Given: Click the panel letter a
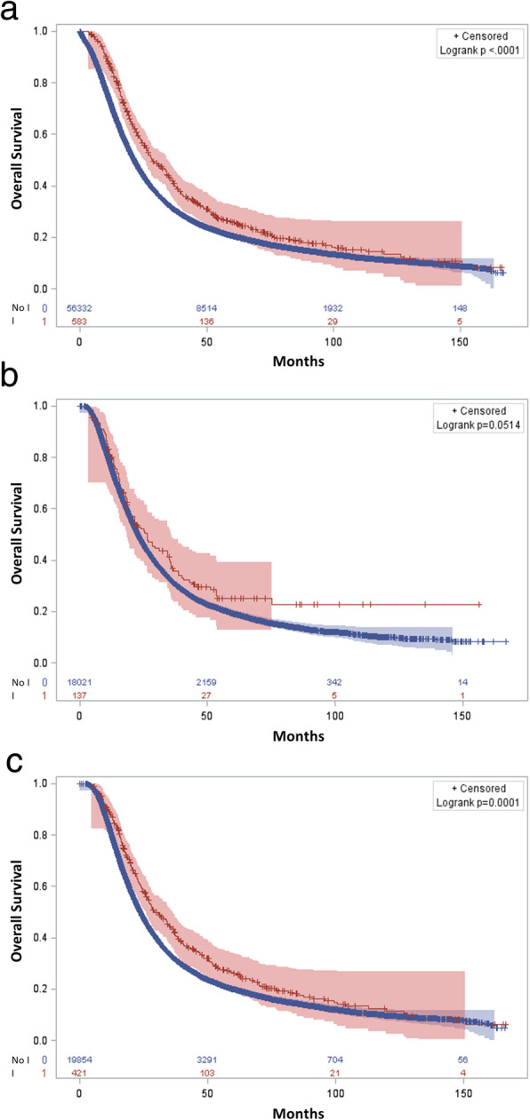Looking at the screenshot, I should pyautogui.click(x=15, y=13).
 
